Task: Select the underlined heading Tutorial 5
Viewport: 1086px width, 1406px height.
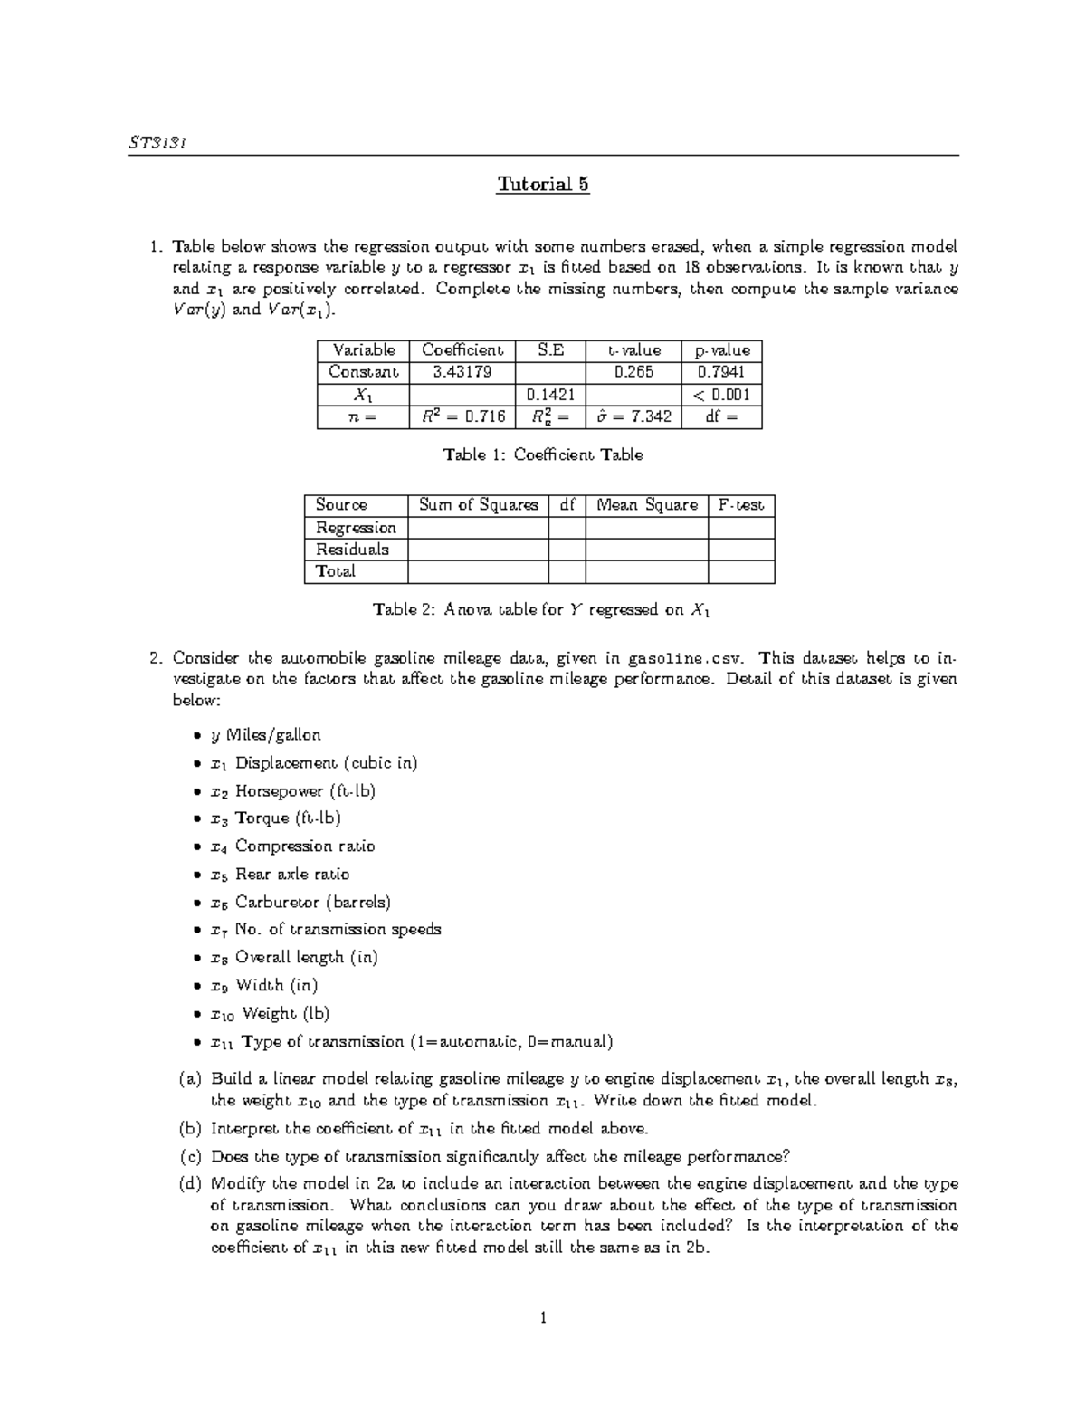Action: (543, 185)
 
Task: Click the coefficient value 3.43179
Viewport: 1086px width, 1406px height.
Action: (462, 372)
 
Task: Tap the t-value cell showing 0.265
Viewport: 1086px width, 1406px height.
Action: (633, 372)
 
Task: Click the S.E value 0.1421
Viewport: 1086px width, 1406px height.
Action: (550, 395)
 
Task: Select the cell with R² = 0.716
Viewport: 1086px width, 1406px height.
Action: (462, 417)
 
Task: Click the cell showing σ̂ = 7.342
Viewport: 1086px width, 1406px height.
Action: (633, 417)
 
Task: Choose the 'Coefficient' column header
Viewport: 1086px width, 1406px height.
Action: (462, 350)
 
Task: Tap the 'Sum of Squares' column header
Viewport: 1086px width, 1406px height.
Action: (478, 505)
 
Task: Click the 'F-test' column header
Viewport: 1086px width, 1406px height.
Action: (740, 505)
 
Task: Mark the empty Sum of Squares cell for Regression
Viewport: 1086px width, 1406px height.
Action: (478, 528)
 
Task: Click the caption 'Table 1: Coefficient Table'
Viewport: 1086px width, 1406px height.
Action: (543, 455)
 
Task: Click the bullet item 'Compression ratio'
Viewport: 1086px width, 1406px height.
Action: (304, 846)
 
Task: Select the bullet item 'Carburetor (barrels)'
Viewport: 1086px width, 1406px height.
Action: (312, 903)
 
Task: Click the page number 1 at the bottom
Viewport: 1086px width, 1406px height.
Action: (543, 1318)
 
